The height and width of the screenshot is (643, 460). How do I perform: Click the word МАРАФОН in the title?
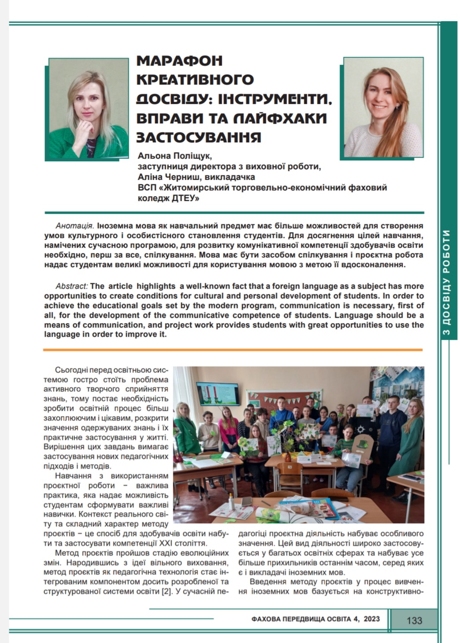pos(179,60)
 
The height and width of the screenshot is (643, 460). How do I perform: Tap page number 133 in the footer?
pos(414,620)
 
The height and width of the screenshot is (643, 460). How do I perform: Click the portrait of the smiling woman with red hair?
pos(383,107)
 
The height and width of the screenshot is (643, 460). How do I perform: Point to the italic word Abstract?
pos(72,286)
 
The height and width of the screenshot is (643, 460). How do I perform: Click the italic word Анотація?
pos(74,226)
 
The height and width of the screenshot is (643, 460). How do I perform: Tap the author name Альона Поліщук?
pos(175,156)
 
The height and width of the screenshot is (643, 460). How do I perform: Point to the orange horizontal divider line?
pos(233,350)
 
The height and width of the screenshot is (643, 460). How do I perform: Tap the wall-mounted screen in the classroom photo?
pos(219,393)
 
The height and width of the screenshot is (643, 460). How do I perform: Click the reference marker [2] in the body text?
pos(167,591)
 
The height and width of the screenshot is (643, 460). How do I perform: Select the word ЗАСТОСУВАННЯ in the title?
pos(199,137)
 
